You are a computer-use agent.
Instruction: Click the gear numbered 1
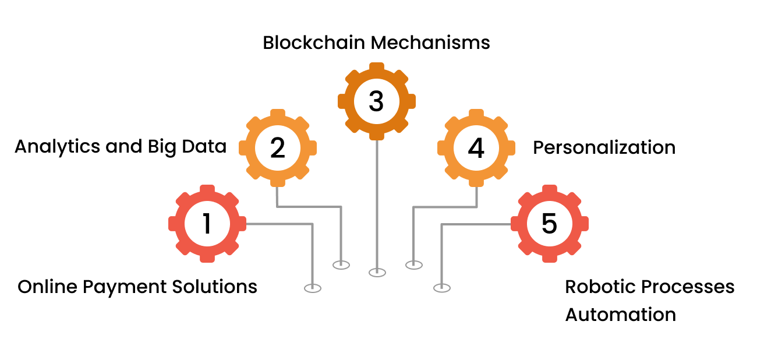pyautogui.click(x=207, y=224)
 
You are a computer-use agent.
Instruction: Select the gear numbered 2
pyautogui.click(x=278, y=148)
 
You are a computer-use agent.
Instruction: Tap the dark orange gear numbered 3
pyautogui.click(x=377, y=101)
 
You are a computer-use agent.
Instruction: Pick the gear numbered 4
pyautogui.click(x=476, y=148)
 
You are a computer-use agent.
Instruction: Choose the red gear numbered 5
pyautogui.click(x=549, y=224)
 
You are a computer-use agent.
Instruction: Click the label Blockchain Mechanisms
pyautogui.click(x=376, y=43)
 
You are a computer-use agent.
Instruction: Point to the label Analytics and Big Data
pyautogui.click(x=121, y=147)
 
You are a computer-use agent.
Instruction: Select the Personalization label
pyautogui.click(x=604, y=148)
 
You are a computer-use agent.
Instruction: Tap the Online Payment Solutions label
pyautogui.click(x=137, y=287)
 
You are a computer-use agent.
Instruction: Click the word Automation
pyautogui.click(x=621, y=315)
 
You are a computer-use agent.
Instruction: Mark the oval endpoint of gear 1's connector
pyautogui.click(x=313, y=288)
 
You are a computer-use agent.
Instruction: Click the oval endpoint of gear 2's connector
pyautogui.click(x=341, y=264)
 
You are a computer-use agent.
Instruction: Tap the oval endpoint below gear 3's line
pyautogui.click(x=377, y=272)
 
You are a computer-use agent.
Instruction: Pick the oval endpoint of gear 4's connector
pyautogui.click(x=413, y=264)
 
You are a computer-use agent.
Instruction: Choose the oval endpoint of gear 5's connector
pyautogui.click(x=442, y=287)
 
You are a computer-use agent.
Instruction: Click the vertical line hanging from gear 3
pyautogui.click(x=377, y=204)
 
